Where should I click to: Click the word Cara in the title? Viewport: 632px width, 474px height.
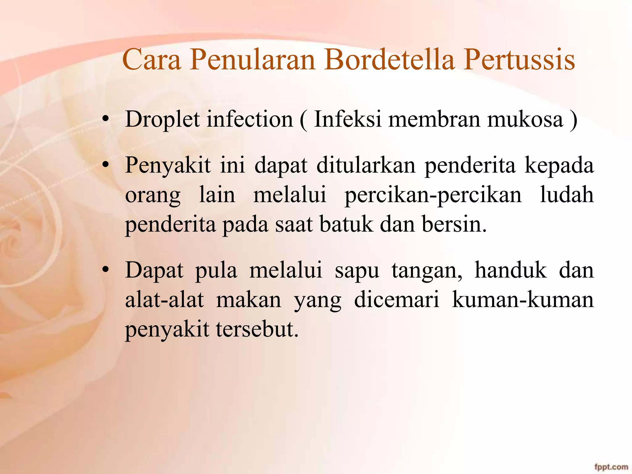pos(151,59)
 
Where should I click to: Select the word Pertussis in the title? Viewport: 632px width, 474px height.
pos(519,59)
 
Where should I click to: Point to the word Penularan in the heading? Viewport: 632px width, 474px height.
pos(252,59)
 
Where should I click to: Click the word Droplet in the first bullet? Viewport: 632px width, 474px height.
pos(162,119)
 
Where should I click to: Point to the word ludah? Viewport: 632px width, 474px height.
pos(567,195)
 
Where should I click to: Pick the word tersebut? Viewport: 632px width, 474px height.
pos(257,329)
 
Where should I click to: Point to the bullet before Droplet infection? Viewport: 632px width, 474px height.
pos(106,120)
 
